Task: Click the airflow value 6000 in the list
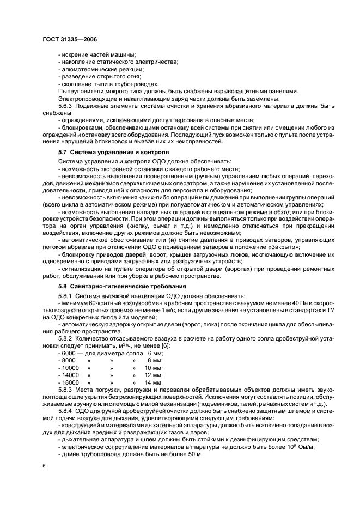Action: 69,353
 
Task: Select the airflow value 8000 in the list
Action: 69,360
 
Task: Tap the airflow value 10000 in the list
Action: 70,368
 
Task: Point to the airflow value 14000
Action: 70,375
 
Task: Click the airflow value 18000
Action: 70,383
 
